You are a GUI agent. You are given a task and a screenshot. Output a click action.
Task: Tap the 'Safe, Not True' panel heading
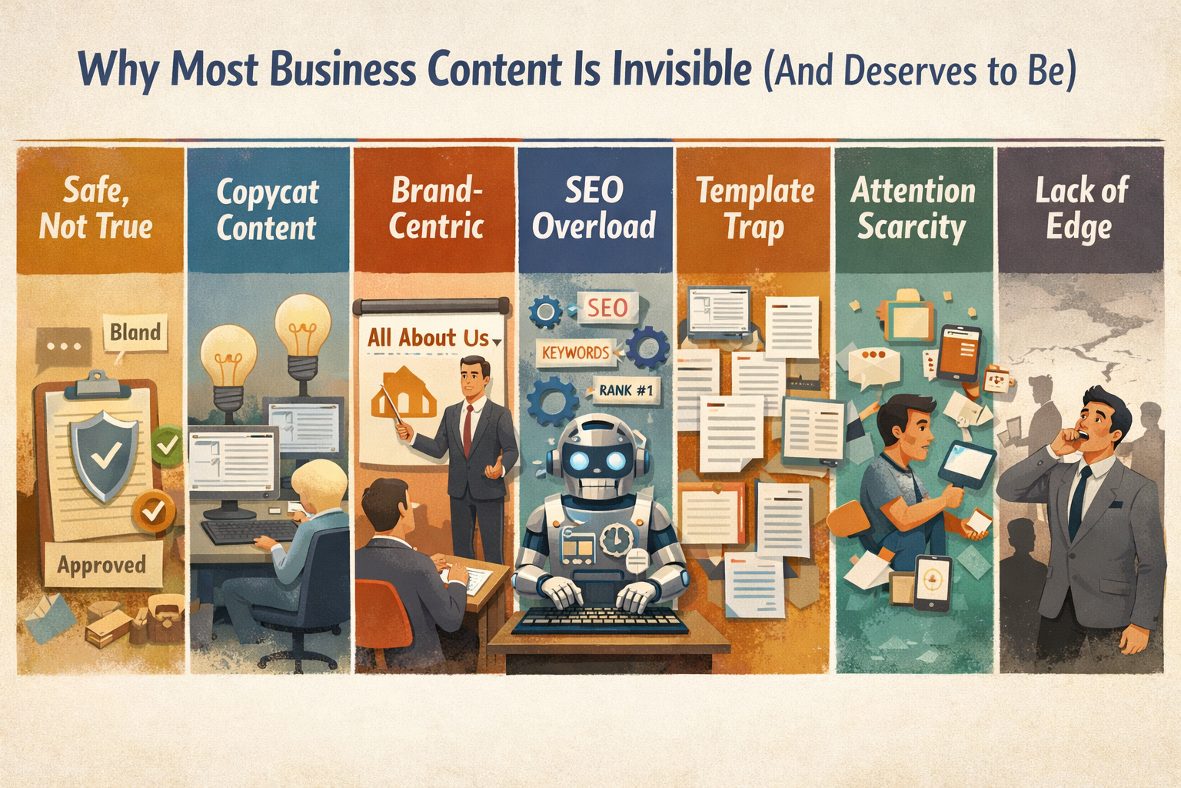click(96, 208)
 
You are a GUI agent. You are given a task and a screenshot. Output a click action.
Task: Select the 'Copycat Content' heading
click(267, 209)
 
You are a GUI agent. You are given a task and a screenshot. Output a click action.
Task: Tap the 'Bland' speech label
click(135, 332)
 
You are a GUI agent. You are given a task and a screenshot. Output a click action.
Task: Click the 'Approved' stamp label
click(101, 566)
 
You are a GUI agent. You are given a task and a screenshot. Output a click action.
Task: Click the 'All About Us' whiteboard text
click(428, 338)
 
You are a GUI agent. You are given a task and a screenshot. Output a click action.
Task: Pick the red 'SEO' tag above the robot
click(607, 308)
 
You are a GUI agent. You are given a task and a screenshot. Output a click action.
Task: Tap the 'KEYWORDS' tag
click(575, 352)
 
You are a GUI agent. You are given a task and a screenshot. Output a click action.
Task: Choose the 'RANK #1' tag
click(626, 390)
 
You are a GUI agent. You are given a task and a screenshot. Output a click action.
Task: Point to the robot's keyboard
click(600, 620)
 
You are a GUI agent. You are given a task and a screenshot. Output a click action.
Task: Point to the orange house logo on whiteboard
click(403, 394)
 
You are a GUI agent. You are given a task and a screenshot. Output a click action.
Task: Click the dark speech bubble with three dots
click(64, 346)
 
